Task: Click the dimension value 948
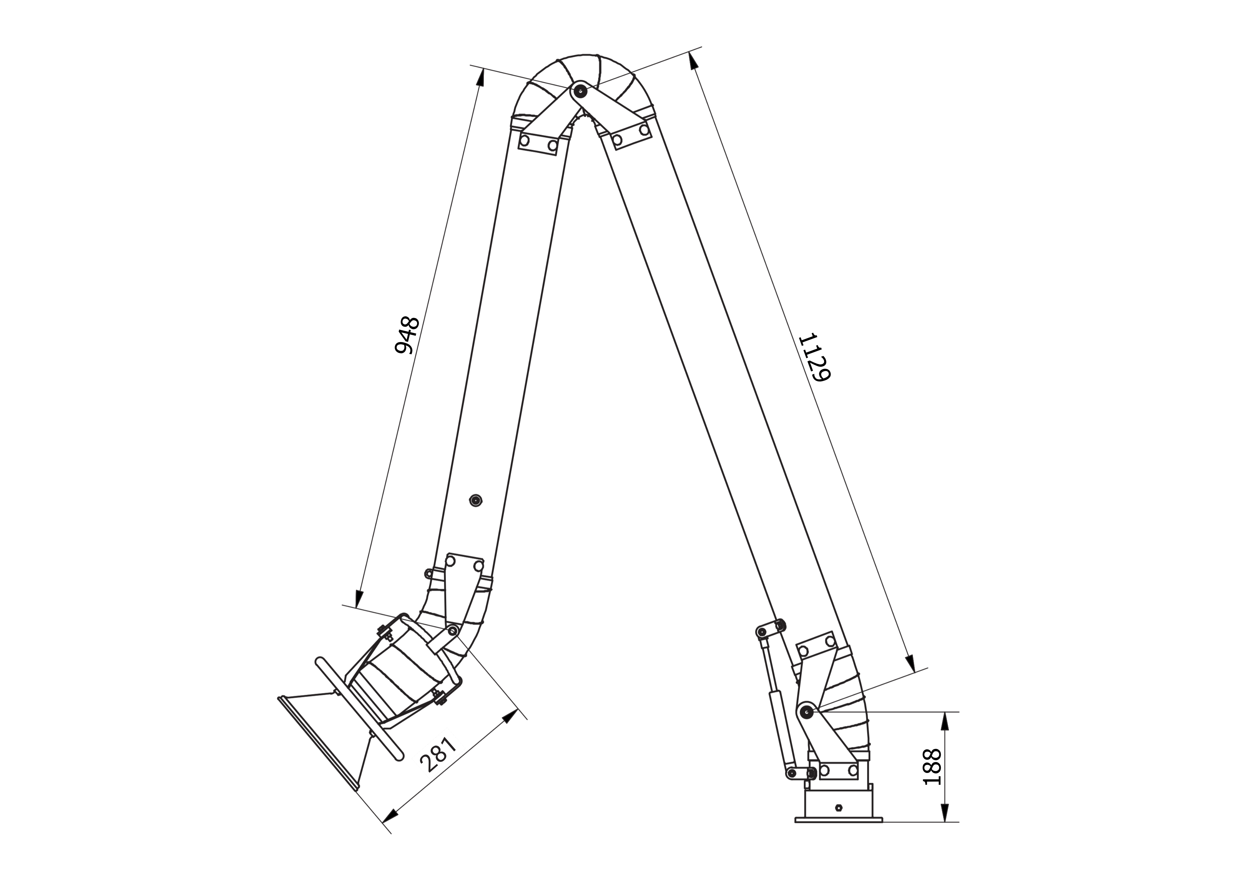click(x=407, y=335)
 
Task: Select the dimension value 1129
click(x=814, y=358)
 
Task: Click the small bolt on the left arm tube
click(x=475, y=500)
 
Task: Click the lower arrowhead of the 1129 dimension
click(x=910, y=663)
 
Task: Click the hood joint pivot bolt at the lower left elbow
click(x=453, y=629)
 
